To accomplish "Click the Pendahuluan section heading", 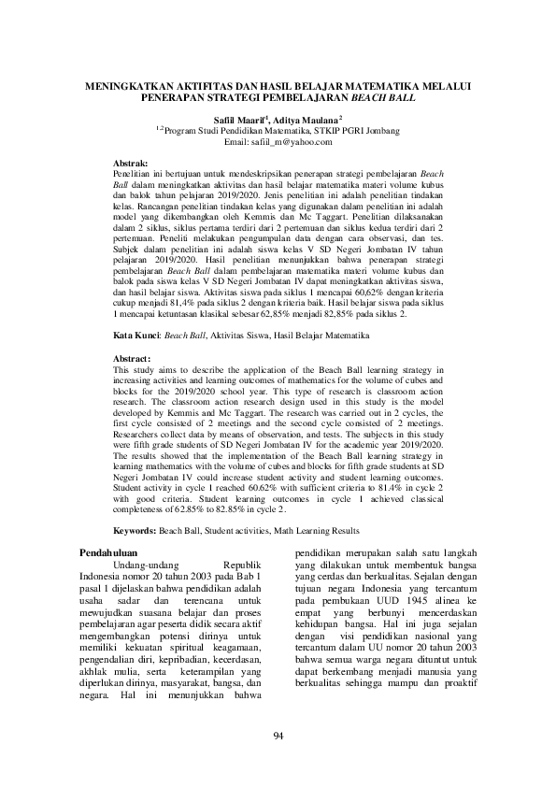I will [x=106, y=554].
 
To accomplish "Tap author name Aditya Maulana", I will [x=308, y=121].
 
